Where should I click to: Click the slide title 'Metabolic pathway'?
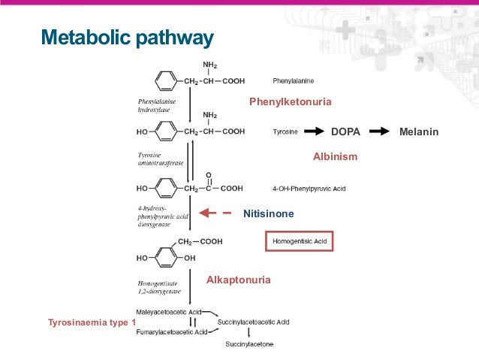127,37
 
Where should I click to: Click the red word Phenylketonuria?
290,101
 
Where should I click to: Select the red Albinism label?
335,157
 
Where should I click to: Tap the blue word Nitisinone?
268,214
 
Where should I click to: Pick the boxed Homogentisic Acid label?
299,241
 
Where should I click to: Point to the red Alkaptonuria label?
239,280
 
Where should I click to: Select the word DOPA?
345,132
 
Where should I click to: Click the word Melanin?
419,132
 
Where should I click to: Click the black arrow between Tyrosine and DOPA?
312,132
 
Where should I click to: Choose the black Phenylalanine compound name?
294,78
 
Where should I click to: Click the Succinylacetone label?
250,344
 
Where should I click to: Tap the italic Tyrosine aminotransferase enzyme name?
158,159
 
